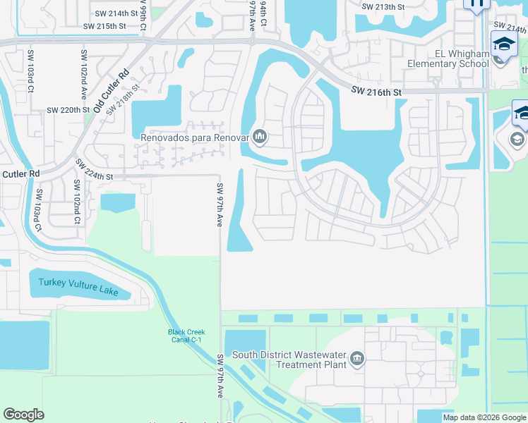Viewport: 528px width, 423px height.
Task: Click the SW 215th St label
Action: tap(104, 26)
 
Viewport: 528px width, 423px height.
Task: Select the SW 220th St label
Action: tap(68, 110)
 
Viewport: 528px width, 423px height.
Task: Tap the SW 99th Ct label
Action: tap(143, 16)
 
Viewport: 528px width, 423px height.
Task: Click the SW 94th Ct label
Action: tap(263, 13)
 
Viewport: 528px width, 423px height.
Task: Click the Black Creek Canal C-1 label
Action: tap(185, 336)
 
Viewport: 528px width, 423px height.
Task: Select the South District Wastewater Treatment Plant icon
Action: tap(357, 360)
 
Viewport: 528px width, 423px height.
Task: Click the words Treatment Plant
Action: tap(311, 364)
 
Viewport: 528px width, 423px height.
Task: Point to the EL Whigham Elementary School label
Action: tap(448, 59)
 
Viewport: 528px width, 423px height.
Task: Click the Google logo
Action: tap(24, 415)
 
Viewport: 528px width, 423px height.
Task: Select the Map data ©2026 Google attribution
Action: tap(484, 417)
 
